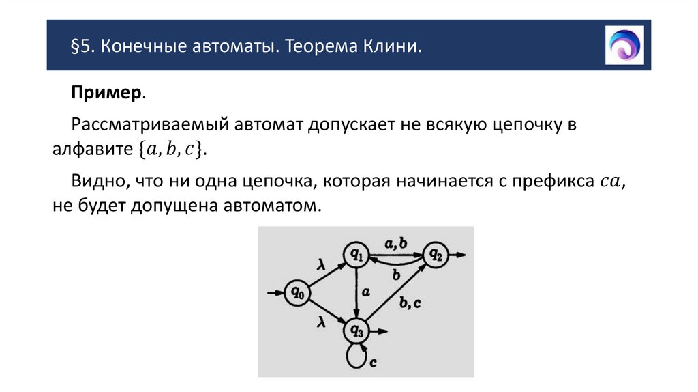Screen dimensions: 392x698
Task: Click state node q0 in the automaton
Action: coord(297,293)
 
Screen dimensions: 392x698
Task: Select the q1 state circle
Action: coord(356,255)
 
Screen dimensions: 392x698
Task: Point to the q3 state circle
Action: coord(356,331)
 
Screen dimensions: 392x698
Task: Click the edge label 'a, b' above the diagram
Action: coord(395,242)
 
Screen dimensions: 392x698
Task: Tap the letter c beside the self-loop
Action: coord(374,363)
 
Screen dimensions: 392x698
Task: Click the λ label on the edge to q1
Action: coord(320,264)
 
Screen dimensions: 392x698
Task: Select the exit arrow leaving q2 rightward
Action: coord(457,255)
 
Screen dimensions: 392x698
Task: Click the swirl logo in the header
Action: coord(624,45)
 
